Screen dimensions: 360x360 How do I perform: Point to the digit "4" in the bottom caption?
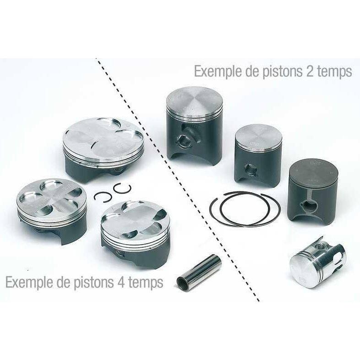pos(122,282)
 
